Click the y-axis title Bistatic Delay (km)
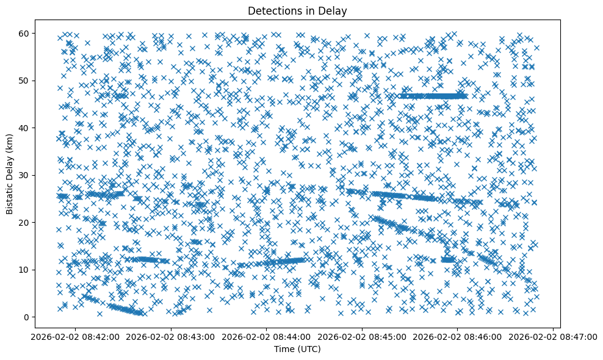tap(10, 174)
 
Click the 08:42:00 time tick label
tap(76, 336)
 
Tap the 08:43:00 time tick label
tap(171, 336)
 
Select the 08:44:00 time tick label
tap(267, 336)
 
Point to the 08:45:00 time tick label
tap(362, 336)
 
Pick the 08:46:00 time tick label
tap(458, 336)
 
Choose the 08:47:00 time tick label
tap(553, 336)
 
